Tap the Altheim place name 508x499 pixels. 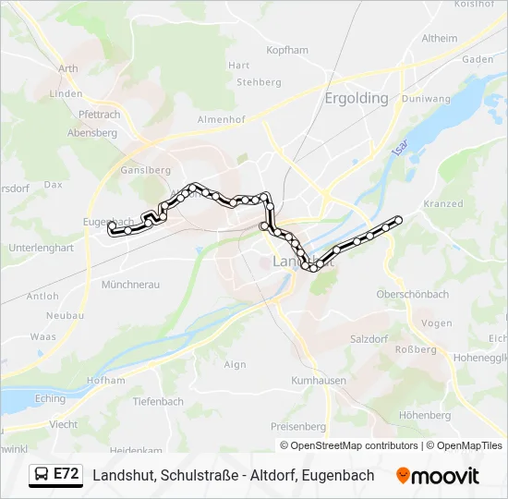tap(439, 39)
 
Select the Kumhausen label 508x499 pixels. tap(319, 381)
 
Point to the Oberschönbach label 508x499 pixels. tap(412, 294)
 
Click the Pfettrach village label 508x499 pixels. tap(100, 115)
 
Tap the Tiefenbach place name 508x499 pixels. tap(158, 401)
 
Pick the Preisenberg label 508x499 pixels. tap(298, 426)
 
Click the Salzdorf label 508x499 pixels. tap(369, 339)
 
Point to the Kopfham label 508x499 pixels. tap(286, 50)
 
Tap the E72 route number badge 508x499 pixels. tap(66, 474)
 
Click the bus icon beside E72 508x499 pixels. tap(42, 475)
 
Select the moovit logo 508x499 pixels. tap(438, 476)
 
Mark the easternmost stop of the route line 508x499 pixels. tap(399, 220)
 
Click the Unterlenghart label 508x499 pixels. tap(41, 248)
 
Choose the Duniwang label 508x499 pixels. tap(426, 98)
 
